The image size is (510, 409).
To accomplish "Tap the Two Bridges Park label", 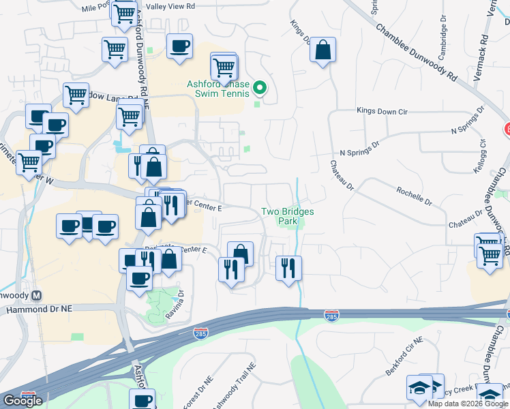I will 288,216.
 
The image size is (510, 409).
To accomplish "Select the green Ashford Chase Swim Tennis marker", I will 259,88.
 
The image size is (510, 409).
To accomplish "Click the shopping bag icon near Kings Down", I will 323,50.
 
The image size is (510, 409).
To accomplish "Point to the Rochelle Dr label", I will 413,197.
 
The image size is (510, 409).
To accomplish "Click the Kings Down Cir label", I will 381,110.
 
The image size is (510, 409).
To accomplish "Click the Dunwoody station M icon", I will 37,296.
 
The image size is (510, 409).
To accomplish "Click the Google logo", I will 22,401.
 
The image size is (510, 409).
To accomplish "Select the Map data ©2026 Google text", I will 467,404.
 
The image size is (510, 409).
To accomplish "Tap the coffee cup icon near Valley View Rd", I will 179,46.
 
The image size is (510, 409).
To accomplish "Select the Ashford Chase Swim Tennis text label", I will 217,89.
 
